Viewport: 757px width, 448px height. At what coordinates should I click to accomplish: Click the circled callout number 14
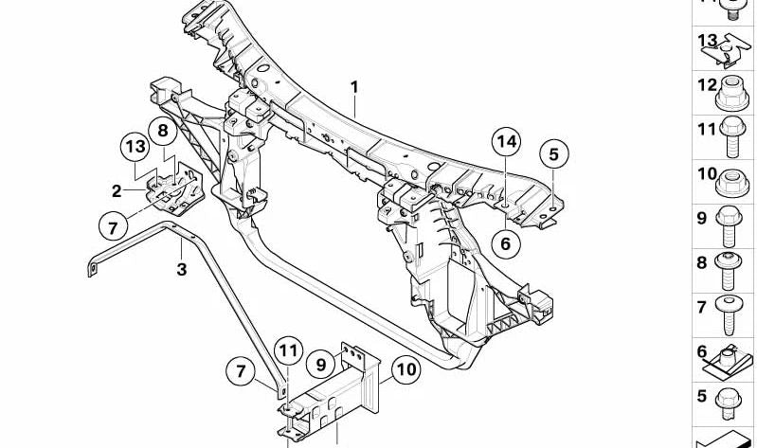pos(507,142)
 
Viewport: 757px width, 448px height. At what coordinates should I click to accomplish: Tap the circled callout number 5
pos(553,154)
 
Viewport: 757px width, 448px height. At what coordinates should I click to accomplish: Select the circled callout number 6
pos(506,243)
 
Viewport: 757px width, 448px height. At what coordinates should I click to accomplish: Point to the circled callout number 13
pos(135,146)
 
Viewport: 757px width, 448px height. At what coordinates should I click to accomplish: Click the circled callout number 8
pos(163,131)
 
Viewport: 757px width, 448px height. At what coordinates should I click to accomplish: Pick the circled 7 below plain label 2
pos(114,227)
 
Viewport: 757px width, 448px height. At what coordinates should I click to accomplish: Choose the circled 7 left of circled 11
pos(241,371)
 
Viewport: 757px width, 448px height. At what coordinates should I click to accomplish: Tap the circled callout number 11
pos(288,351)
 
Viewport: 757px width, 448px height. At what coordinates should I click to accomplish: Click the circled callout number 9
pos(321,364)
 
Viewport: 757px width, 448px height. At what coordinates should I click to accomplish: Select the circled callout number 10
pos(406,369)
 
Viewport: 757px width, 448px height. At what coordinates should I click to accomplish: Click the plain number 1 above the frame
pos(355,88)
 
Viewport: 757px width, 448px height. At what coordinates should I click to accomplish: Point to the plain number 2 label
pos(117,191)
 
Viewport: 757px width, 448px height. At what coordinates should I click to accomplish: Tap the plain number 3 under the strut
pos(182,269)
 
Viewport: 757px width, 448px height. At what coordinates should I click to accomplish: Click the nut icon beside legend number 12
pos(732,93)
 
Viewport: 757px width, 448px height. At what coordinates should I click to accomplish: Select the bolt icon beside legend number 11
pos(732,137)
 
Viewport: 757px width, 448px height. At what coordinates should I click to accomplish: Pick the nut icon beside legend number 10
pos(732,183)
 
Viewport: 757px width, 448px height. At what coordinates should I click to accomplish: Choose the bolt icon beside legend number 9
pos(729,226)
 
